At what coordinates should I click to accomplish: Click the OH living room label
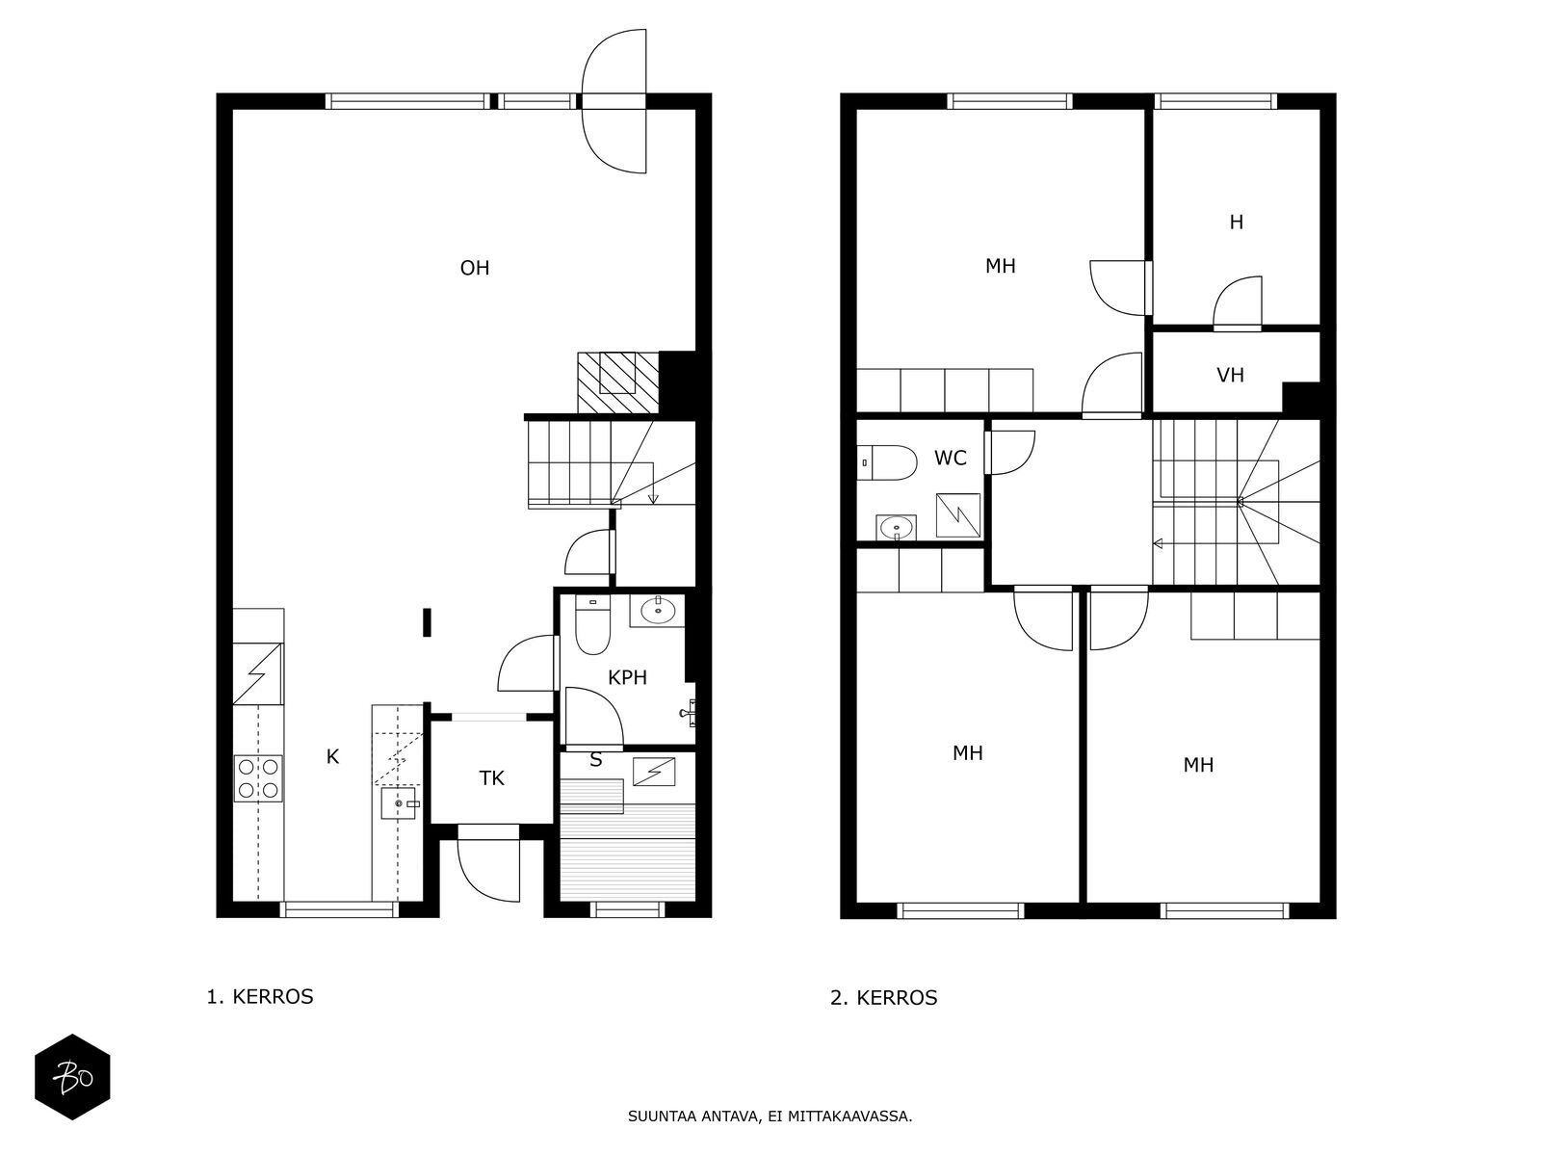475,268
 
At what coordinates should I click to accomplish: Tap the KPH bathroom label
627,677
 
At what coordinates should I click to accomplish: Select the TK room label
491,777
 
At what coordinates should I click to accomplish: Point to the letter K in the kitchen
333,756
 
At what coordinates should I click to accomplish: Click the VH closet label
1230,376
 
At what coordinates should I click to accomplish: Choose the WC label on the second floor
951,459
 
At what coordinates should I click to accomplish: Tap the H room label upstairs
1237,223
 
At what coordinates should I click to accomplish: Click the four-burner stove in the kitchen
258,778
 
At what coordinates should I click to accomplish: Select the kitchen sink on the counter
400,803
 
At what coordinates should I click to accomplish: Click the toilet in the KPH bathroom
592,624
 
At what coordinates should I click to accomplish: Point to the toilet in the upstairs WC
887,462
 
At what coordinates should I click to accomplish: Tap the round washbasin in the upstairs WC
896,527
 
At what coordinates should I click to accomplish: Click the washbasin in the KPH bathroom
657,611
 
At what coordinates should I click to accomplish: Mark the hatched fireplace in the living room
618,382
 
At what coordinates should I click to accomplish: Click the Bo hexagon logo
72,1077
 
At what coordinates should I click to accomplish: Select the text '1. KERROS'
260,997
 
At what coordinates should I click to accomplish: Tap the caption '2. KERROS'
883,998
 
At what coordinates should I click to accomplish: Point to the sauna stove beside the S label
654,772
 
